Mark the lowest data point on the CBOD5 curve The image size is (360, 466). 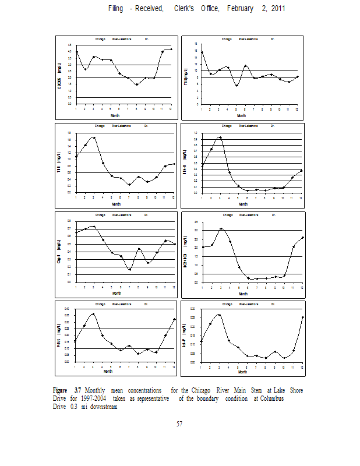[137, 84]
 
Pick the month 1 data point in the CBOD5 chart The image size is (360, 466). [76, 52]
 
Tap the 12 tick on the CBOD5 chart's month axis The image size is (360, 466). [171, 109]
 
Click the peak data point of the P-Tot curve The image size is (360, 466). [93, 314]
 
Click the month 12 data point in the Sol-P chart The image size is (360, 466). [303, 317]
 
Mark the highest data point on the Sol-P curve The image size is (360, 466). [219, 315]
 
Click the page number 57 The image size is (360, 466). [180, 423]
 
